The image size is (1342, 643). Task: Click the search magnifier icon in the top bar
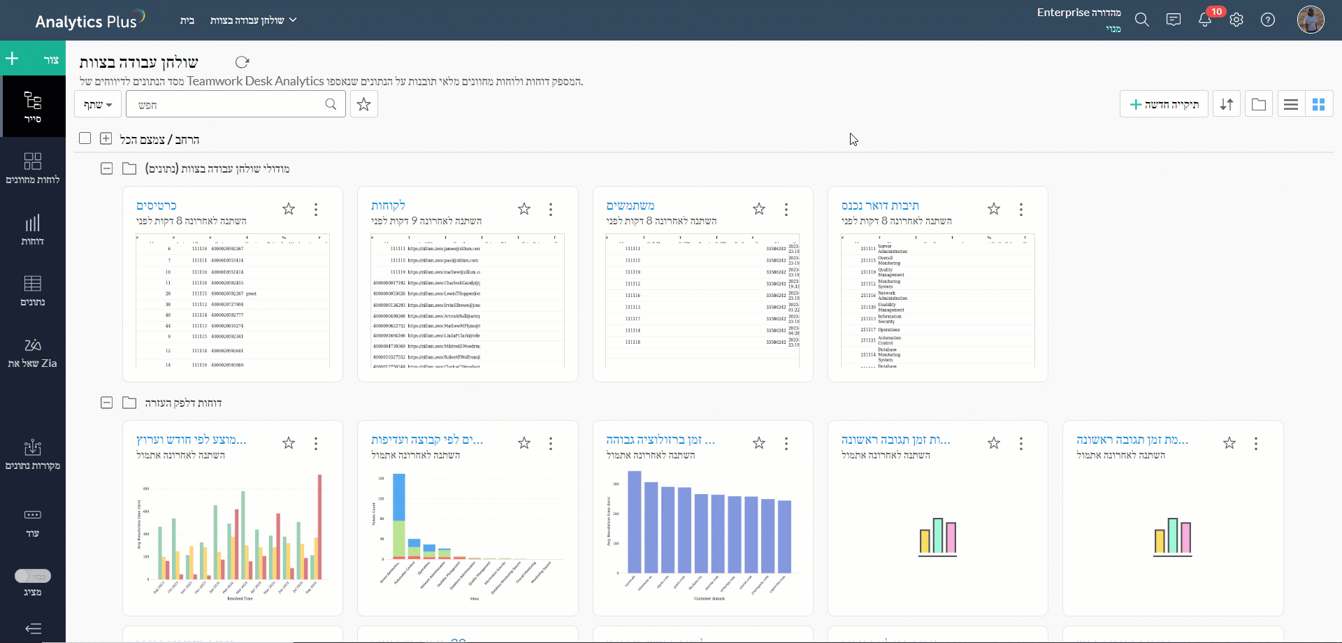point(1141,20)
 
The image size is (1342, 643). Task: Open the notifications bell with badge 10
point(1205,20)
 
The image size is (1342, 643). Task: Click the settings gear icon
point(1236,20)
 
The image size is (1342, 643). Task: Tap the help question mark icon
point(1268,20)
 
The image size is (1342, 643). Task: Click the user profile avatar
point(1311,20)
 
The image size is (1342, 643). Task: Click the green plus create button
point(13,59)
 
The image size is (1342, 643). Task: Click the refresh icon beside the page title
point(242,62)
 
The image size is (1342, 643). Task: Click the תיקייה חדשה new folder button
point(1164,104)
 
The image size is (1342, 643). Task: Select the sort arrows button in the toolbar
point(1227,104)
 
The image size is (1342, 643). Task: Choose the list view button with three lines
point(1291,104)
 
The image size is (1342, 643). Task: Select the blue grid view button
point(1319,104)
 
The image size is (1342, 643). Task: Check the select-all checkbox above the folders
point(85,138)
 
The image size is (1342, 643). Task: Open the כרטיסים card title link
point(157,205)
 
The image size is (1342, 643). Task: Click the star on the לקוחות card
point(524,209)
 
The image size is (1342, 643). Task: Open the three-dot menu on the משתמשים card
point(786,209)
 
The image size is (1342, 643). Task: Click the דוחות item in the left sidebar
point(32,229)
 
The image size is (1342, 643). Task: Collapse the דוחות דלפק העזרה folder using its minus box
point(106,403)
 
